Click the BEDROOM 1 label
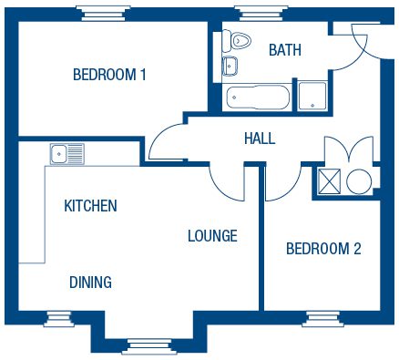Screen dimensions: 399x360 pyautogui.click(x=109, y=75)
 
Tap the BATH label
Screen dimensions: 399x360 pyautogui.click(x=285, y=50)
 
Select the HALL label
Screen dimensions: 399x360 pyautogui.click(x=260, y=139)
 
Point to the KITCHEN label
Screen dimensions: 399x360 pyautogui.click(x=90, y=206)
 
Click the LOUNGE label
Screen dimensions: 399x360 pyautogui.click(x=212, y=236)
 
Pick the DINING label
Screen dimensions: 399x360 pyautogui.click(x=90, y=283)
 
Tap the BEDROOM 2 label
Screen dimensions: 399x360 pyautogui.click(x=323, y=249)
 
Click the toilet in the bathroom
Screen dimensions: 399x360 pyautogui.click(x=237, y=40)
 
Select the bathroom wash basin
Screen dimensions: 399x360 pyautogui.click(x=230, y=66)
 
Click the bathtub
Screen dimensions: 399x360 pyautogui.click(x=258, y=97)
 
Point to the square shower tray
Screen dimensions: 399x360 pyautogui.click(x=312, y=96)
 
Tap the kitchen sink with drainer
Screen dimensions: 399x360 pyautogui.click(x=67, y=154)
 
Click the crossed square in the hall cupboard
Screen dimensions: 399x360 pyautogui.click(x=330, y=181)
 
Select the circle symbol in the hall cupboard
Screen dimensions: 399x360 pyautogui.click(x=359, y=181)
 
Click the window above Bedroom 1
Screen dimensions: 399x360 pyautogui.click(x=103, y=14)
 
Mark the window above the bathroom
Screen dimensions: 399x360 pyautogui.click(x=261, y=14)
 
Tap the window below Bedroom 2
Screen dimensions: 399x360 pyautogui.click(x=322, y=319)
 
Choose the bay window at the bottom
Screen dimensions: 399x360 pyautogui.click(x=149, y=346)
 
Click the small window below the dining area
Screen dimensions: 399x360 pyautogui.click(x=59, y=319)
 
